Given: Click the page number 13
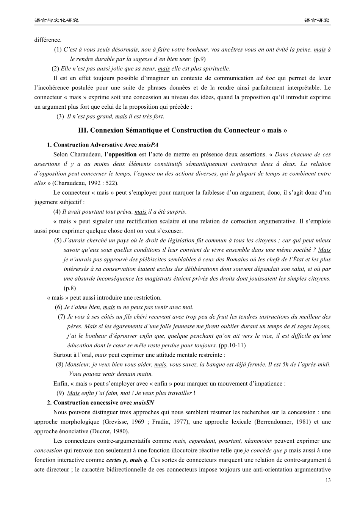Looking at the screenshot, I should coord(328,481).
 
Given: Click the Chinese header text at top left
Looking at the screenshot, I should coord(56,20).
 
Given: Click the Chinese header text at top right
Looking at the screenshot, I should coord(317,20).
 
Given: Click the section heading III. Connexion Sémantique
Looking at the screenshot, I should coord(182,130).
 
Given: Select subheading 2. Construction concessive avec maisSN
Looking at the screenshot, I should coord(100,403).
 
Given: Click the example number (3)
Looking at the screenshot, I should coord(60,116).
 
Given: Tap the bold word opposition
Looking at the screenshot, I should coord(122,155).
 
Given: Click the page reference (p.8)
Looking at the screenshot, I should coord(70,288).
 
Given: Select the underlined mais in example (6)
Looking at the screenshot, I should coord(109,307).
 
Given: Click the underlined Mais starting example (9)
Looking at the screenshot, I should coord(73,393).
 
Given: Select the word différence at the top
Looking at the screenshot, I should coord(48,40).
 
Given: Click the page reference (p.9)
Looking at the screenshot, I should coord(199,59).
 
